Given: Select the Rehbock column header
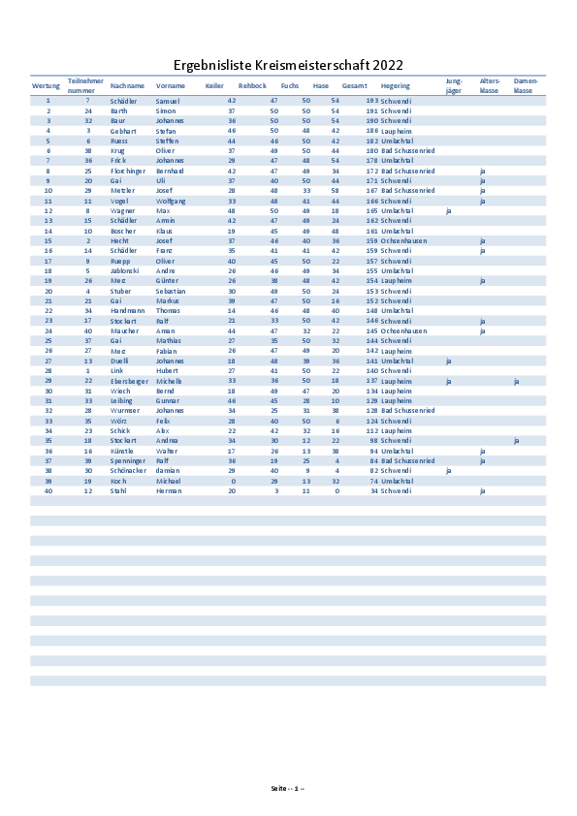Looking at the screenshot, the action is [x=252, y=86].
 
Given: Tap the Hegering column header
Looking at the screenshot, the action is [x=396, y=86].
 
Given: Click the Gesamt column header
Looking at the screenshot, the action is [x=354, y=86].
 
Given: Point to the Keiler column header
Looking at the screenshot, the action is [x=214, y=86].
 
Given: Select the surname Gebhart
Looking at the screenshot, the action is [x=123, y=131].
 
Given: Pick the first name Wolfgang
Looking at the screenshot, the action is [x=170, y=201].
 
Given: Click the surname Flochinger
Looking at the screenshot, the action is [x=128, y=171].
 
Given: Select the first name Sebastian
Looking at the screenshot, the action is [x=172, y=291].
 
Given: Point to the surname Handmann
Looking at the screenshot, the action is [x=127, y=310].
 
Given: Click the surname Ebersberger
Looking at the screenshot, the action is [x=130, y=381].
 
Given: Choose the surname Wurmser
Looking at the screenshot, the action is [x=126, y=411].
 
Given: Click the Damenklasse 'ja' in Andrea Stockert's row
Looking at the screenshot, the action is [x=517, y=441].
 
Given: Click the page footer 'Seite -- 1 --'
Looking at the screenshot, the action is [x=288, y=787].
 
